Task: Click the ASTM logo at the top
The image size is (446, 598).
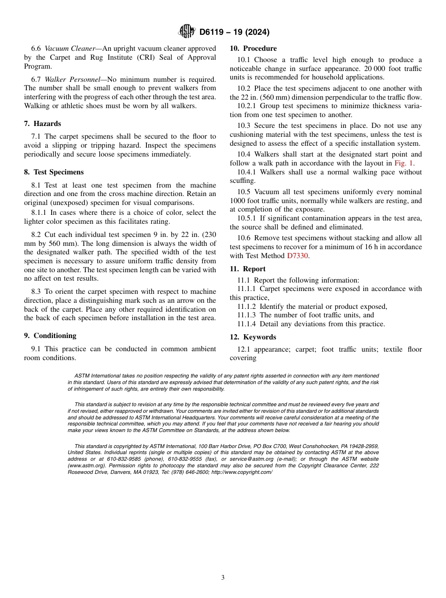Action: [x=186, y=31]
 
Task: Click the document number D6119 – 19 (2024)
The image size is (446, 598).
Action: [x=234, y=32]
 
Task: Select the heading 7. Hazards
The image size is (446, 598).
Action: [x=43, y=124]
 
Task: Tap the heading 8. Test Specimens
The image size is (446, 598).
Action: [x=54, y=172]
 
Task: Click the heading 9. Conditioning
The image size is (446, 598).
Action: [x=50, y=336]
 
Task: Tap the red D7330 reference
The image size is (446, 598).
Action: [x=298, y=256]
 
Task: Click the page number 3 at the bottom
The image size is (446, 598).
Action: [x=223, y=578]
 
